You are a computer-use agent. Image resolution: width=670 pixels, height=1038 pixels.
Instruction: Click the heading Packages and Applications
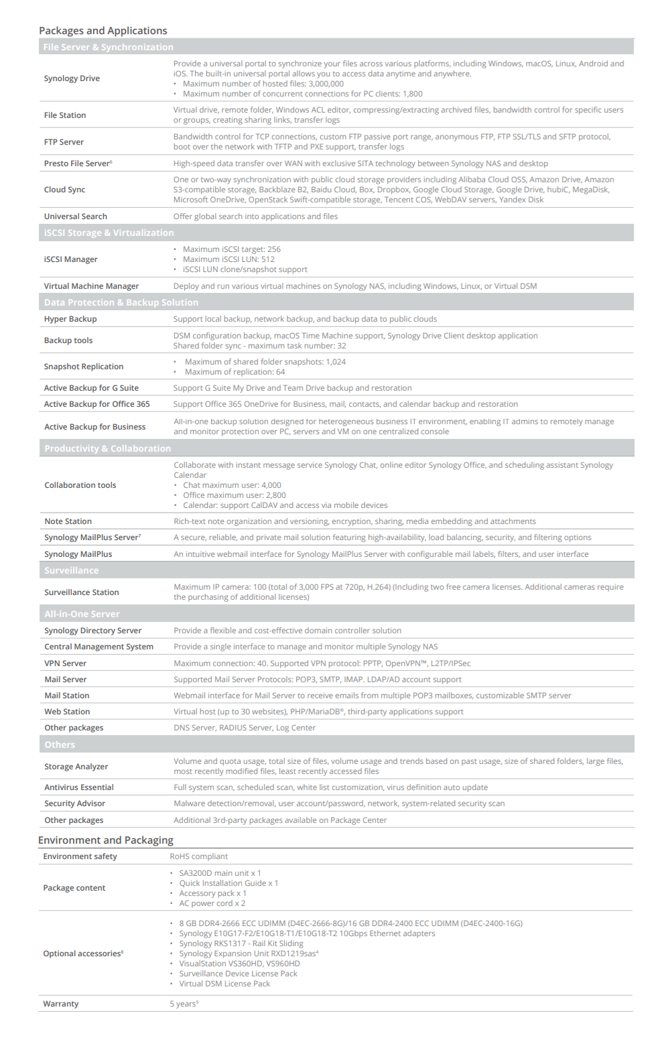coord(103,31)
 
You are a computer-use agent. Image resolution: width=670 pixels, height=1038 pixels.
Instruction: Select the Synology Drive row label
coord(72,78)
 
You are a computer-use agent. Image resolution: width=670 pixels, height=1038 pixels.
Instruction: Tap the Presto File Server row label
coord(78,164)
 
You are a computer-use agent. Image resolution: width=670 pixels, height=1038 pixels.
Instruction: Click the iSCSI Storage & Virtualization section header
coord(109,233)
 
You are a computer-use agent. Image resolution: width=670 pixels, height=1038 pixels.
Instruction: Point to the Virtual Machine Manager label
coord(91,286)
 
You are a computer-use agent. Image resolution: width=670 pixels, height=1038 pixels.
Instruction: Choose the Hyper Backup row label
coord(70,319)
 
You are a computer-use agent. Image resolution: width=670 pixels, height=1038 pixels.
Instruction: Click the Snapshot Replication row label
coord(84,367)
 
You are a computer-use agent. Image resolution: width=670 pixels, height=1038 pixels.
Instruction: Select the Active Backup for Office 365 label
coord(96,404)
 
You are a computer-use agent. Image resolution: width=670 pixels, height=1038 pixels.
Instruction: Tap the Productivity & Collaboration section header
coord(107,448)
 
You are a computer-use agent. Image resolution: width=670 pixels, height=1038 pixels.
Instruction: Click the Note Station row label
coord(68,521)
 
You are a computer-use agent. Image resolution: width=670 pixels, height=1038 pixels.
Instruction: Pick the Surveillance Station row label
coord(82,592)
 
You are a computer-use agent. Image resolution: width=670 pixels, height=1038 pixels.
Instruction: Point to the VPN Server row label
coord(65,663)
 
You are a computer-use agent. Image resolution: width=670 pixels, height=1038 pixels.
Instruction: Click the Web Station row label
coord(67,712)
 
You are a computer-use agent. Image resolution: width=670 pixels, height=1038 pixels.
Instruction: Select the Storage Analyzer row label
coord(76,767)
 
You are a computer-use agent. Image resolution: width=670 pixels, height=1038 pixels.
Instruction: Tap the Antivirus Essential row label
coord(79,787)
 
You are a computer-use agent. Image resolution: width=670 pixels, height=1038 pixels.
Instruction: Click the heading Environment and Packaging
coord(105,840)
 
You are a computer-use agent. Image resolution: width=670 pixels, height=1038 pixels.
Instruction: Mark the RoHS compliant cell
coord(198,856)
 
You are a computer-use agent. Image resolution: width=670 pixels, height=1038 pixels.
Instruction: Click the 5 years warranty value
coord(183,1004)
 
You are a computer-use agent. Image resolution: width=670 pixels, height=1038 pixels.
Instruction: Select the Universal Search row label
coord(75,216)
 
